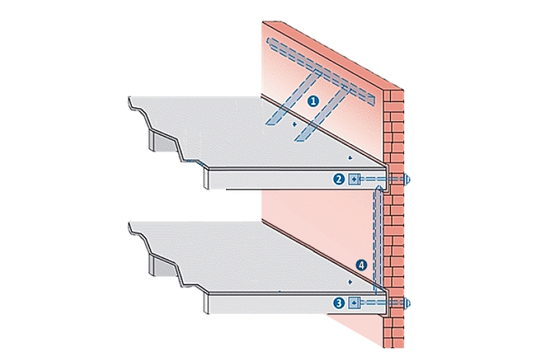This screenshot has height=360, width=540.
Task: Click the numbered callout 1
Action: click(313, 101)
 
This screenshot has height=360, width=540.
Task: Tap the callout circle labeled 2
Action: click(338, 180)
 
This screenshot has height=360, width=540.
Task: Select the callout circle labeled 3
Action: click(338, 303)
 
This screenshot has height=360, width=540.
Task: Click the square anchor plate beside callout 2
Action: click(354, 180)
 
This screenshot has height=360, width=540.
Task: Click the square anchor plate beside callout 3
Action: click(354, 303)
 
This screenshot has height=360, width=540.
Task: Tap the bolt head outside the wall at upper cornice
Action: click(409, 180)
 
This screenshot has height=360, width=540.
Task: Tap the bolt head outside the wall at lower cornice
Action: click(409, 303)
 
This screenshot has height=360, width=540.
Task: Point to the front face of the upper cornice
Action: click(270, 180)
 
